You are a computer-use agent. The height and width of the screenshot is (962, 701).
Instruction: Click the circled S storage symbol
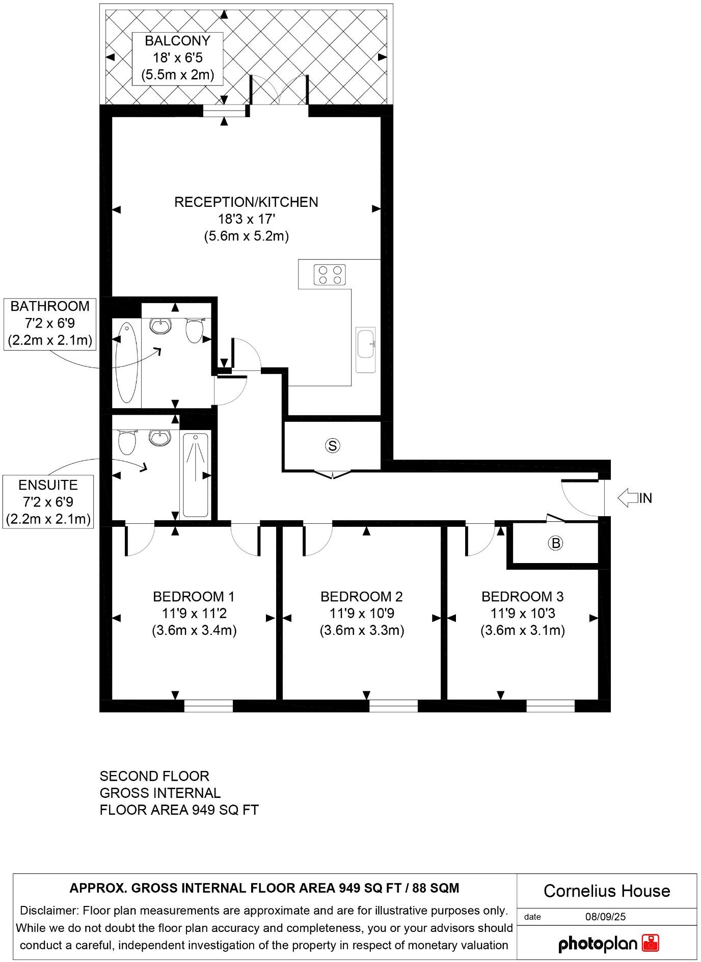(332, 446)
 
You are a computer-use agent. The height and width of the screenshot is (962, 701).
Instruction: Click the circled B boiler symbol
(555, 543)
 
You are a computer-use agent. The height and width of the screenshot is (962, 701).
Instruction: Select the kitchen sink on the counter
(365, 344)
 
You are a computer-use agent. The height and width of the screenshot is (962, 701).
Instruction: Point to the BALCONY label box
(177, 58)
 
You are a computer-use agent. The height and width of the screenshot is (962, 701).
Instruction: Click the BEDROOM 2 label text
(362, 596)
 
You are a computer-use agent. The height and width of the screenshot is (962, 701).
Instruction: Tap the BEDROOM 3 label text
(522, 596)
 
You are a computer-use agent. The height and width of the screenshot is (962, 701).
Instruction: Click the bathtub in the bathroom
(126, 362)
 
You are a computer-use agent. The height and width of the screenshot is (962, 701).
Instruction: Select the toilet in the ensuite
(127, 441)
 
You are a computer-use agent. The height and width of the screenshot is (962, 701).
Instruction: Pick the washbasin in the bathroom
(161, 326)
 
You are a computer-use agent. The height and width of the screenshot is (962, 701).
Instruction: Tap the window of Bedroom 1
(208, 706)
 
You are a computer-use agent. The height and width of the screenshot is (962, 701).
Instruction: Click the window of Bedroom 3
(550, 706)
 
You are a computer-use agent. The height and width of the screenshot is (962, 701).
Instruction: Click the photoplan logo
(609, 944)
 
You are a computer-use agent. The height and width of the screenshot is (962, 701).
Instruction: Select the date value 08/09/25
(605, 917)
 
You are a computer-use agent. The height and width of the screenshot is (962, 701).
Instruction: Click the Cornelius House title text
(606, 891)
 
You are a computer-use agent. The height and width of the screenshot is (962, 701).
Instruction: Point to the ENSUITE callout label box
(48, 502)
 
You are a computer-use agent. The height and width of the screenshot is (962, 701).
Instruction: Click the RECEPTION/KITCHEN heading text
(246, 202)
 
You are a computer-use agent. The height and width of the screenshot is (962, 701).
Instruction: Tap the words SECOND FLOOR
(154, 776)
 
